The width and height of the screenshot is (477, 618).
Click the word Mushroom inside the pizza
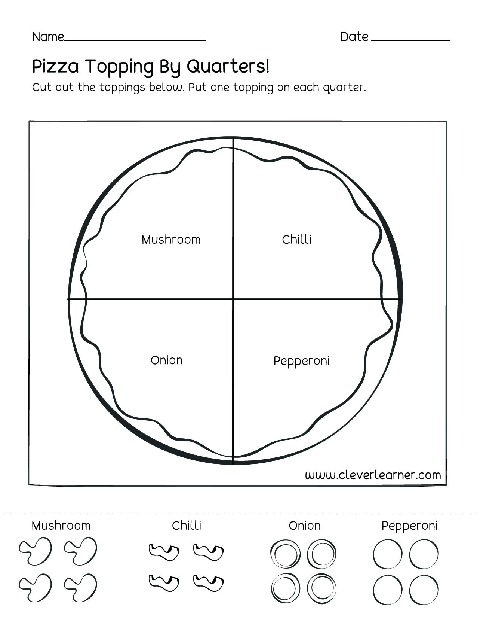click(171, 240)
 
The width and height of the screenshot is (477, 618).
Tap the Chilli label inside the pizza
click(296, 240)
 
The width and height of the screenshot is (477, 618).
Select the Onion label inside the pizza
click(166, 360)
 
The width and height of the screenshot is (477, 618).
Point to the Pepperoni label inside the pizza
click(301, 361)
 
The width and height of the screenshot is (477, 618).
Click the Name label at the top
click(48, 37)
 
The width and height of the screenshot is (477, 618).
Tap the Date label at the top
click(354, 37)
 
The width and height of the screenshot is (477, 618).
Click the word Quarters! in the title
click(228, 67)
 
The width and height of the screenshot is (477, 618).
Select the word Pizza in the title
click(55, 67)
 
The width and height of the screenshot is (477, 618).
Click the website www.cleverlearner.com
click(373, 475)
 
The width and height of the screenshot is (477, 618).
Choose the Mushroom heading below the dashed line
click(61, 526)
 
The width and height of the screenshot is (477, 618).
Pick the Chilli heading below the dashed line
click(187, 526)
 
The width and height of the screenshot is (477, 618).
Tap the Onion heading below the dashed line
click(304, 526)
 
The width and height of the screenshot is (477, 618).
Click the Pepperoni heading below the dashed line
click(409, 526)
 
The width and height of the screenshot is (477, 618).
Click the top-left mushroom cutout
click(35, 551)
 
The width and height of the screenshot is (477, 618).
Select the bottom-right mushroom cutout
click(80, 587)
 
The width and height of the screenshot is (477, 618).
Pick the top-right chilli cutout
click(208, 551)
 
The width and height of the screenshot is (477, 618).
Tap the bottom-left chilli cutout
click(164, 582)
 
